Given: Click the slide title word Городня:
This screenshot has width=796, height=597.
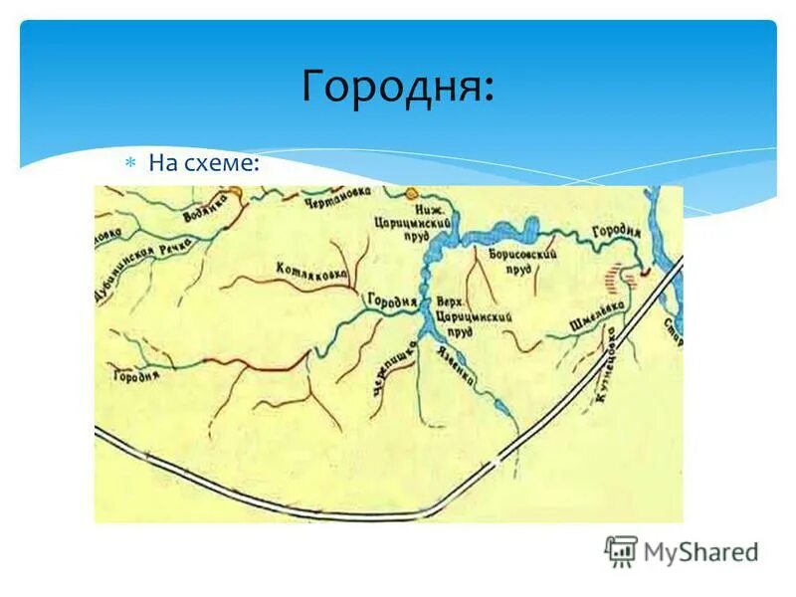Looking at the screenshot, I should [x=397, y=87].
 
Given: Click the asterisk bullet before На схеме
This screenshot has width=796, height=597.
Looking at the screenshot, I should [x=129, y=162].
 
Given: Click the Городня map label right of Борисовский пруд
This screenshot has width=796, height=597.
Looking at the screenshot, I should [x=617, y=234].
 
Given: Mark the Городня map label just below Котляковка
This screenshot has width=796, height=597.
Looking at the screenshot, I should [x=391, y=298].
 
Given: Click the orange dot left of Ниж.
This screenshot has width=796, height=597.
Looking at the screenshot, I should [x=409, y=191].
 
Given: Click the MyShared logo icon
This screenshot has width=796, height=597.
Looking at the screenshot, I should [x=621, y=550].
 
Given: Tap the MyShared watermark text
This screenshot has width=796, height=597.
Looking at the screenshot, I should [x=700, y=551].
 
